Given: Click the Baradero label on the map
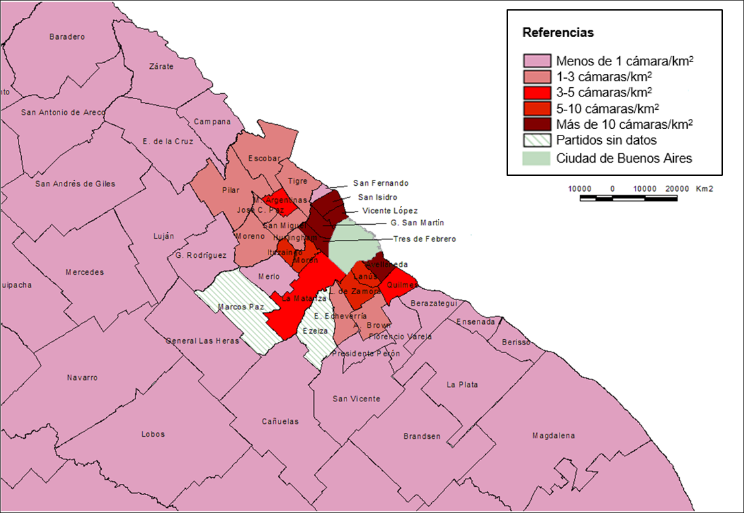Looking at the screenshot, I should coord(67,37).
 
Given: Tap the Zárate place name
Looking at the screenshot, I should coord(161,66).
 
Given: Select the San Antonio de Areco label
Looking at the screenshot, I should coord(63,112).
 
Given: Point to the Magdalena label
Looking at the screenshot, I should coord(554,436).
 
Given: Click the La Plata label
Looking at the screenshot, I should coord(462,385).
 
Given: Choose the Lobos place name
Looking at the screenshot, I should coord(153,434).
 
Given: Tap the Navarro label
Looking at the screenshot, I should coord(82,377).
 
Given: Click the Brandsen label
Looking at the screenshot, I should coord(421,436).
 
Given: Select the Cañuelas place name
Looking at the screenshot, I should coord(280,421).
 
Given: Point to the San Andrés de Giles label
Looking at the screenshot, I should coord(75,184).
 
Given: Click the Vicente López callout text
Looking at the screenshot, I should coord(390,210).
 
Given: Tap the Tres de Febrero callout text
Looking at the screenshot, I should coord(425,239).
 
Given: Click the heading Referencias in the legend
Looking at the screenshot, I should coord(558,32).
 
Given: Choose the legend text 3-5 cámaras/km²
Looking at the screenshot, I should coord(604,92).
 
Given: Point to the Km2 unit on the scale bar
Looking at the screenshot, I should coord(704,188).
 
